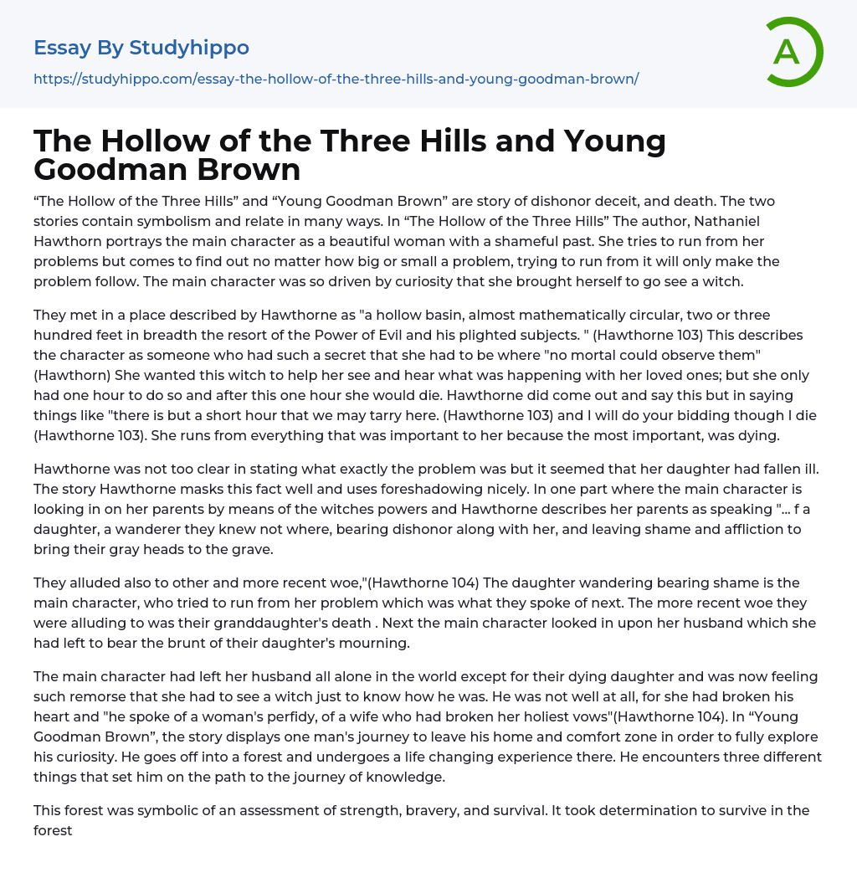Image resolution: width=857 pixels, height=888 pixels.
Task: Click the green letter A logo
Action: coord(792,52)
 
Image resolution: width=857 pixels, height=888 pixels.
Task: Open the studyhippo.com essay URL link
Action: coord(336,79)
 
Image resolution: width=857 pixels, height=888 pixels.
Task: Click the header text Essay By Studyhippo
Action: coord(141,48)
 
